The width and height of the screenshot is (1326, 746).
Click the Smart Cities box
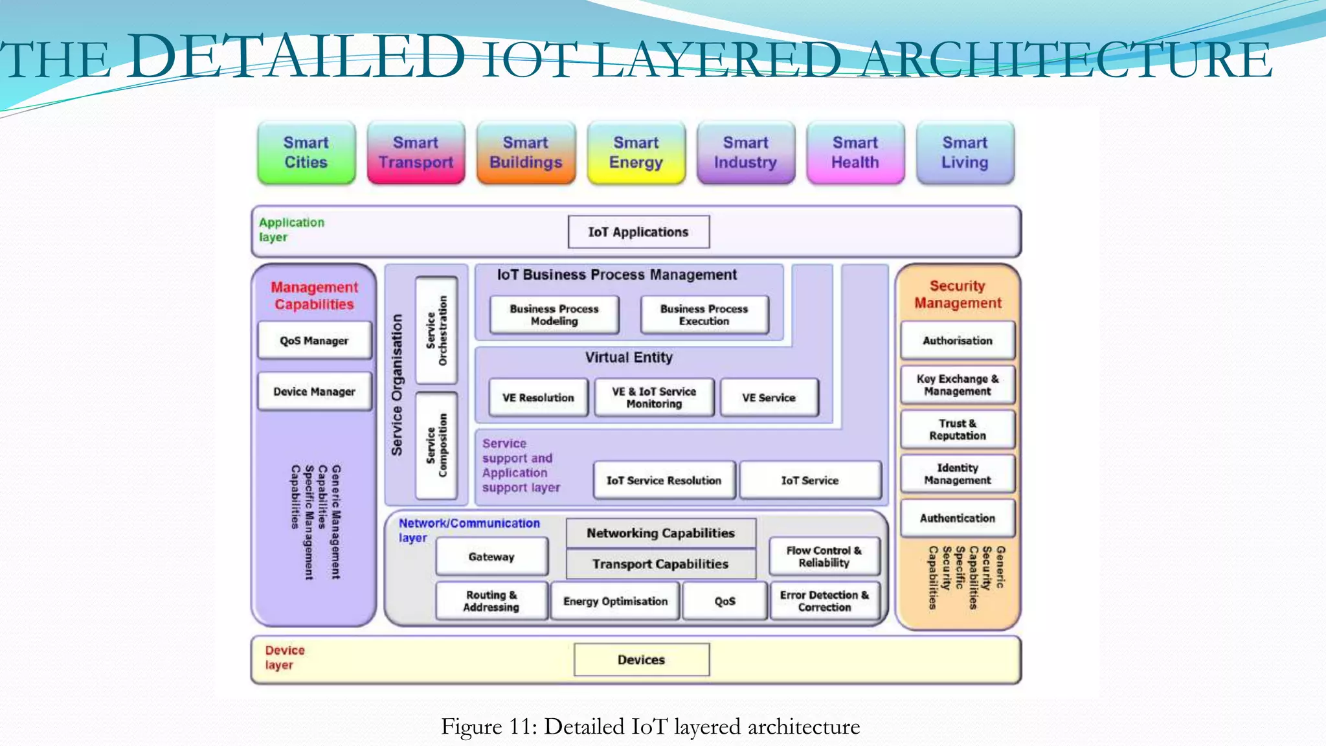pos(306,153)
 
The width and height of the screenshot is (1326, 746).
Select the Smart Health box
pos(855,153)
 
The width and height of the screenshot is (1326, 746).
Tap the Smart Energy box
pos(636,153)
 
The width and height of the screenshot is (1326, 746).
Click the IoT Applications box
pos(638,232)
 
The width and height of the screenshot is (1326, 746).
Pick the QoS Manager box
pos(315,341)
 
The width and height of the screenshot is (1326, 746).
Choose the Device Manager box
pos(315,392)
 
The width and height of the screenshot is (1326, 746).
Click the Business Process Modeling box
pos(554,315)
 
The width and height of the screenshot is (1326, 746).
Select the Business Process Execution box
pos(704,315)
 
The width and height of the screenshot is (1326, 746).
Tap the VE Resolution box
pos(538,398)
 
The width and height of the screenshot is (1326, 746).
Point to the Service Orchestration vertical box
pos(436,330)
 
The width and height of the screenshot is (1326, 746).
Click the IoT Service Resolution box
pos(664,480)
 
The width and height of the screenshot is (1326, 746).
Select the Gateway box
pos(491,557)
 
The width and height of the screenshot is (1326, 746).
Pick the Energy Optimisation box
pos(615,602)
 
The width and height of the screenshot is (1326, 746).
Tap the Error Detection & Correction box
pos(824,602)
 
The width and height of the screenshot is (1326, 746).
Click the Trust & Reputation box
pos(958,429)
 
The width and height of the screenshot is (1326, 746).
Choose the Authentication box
pos(958,518)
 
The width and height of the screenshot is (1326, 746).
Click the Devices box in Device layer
pos(642,660)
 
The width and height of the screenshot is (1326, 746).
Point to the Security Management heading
pos(958,295)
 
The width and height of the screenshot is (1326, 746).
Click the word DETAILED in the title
pos(296,57)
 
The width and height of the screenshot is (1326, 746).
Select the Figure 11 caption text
pos(650,727)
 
